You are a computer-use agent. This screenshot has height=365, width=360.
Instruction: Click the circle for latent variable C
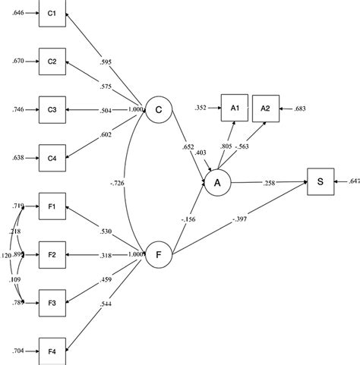click(x=159, y=110)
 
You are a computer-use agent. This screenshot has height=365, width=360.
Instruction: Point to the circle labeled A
click(x=218, y=182)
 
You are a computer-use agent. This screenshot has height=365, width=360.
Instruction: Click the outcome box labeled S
click(x=321, y=182)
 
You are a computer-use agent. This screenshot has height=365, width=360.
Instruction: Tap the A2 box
click(x=265, y=109)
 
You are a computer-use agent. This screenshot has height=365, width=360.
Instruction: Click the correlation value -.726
click(x=116, y=183)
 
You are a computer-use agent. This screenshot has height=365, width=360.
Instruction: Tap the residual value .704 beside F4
click(x=16, y=351)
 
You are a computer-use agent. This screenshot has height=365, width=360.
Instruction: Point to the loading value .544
click(x=108, y=305)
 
